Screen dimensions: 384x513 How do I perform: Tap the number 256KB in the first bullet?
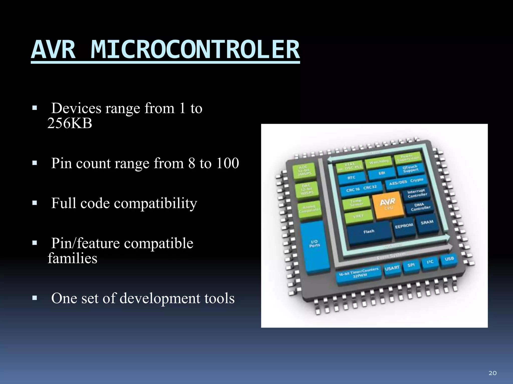pyautogui.click(x=70, y=123)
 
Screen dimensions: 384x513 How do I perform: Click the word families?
pyautogui.click(x=72, y=258)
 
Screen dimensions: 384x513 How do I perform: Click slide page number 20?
pyautogui.click(x=492, y=373)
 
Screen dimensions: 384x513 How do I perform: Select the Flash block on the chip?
pyautogui.click(x=369, y=232)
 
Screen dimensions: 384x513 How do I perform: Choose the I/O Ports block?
pyautogui.click(x=314, y=244)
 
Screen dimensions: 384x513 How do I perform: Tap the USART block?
pyautogui.click(x=392, y=268)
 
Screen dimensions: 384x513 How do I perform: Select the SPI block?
pyautogui.click(x=411, y=265)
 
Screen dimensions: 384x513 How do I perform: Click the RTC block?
pyautogui.click(x=351, y=178)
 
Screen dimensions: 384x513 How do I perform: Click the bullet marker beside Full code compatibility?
pyautogui.click(x=35, y=203)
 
